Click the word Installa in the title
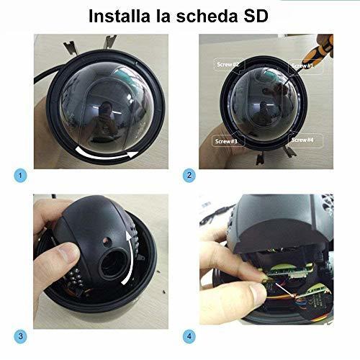[120, 16]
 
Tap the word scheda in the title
[207, 16]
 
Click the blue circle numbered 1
[20, 176]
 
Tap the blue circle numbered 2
[189, 176]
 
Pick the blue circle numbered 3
[20, 336]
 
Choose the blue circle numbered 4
[189, 336]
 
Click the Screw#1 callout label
[302, 66]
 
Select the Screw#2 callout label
[228, 64]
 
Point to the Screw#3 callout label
[226, 141]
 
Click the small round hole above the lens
[106, 240]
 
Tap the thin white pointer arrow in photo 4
[284, 290]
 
